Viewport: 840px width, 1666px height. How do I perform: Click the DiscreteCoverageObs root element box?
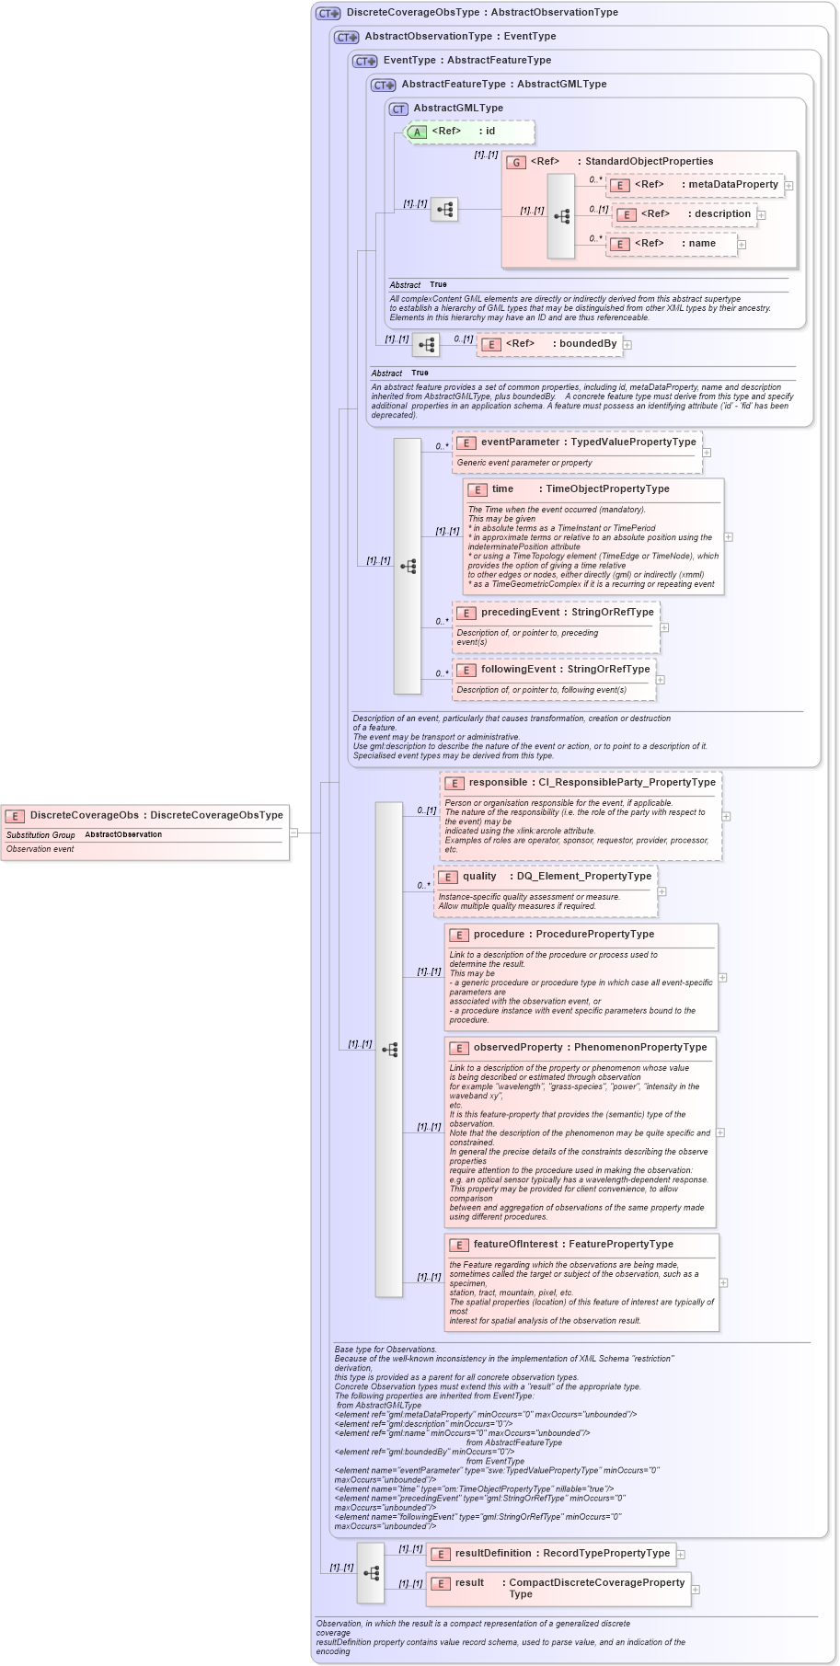pyautogui.click(x=145, y=815)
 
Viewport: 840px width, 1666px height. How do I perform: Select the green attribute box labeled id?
pyautogui.click(x=470, y=132)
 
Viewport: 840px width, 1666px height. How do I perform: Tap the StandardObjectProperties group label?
pyautogui.click(x=649, y=162)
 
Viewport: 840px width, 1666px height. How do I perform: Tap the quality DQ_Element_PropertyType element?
pyautogui.click(x=547, y=877)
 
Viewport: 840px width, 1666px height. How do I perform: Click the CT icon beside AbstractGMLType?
pyautogui.click(x=398, y=109)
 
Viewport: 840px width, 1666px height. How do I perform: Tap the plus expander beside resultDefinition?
pyautogui.click(x=681, y=1555)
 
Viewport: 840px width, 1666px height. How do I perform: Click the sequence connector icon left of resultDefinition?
pyautogui.click(x=371, y=1573)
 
